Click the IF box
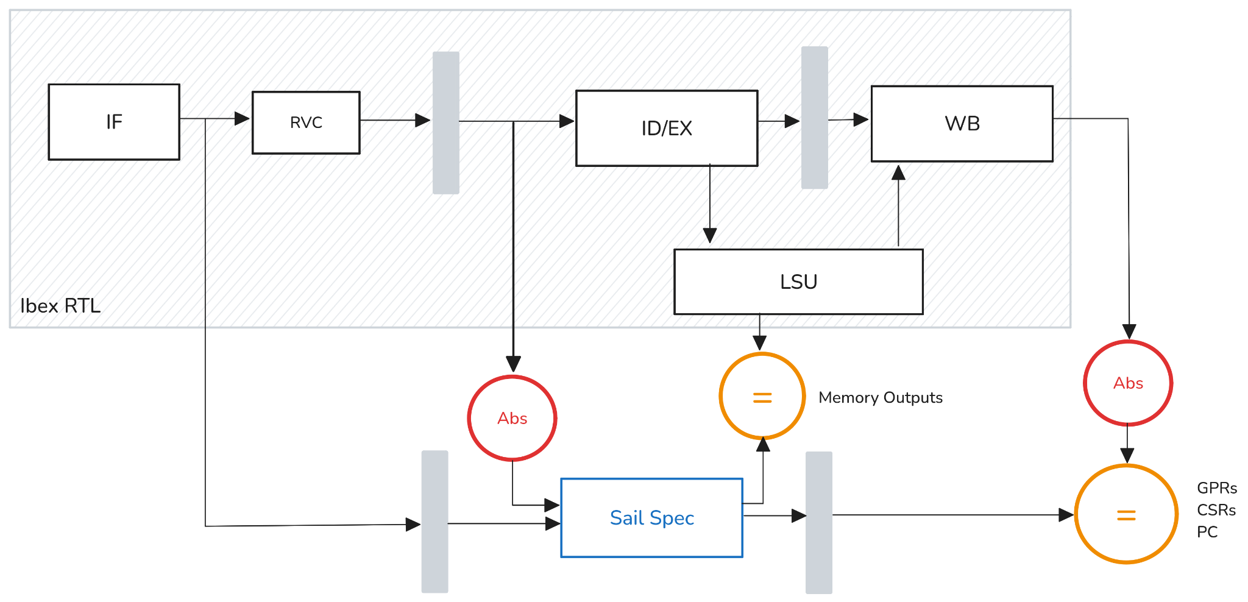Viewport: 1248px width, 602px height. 114,122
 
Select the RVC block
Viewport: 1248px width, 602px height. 306,122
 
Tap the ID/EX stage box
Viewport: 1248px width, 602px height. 667,128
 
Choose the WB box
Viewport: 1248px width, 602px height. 962,124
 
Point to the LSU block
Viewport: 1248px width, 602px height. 798,282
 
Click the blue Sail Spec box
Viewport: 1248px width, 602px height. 651,518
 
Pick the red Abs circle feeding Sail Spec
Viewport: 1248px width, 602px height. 512,418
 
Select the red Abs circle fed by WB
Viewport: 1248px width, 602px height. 1128,383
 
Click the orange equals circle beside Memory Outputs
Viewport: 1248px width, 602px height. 762,397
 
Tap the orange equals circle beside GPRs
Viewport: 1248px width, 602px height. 1126,515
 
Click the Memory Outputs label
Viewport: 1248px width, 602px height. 881,398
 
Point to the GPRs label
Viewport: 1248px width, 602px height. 1216,488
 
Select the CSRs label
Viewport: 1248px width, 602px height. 1216,510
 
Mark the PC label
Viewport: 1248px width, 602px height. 1207,532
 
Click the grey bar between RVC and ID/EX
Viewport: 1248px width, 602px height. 445,122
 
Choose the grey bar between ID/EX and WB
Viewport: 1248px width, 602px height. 814,118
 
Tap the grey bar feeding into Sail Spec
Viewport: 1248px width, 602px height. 434,522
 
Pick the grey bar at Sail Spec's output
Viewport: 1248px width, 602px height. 818,522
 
